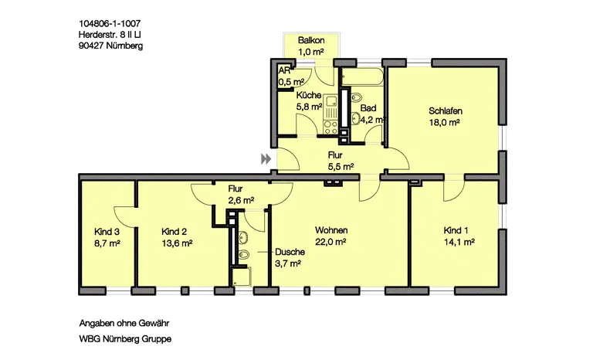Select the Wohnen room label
point(330,230)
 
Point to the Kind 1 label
point(456,230)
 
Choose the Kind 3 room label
point(107,231)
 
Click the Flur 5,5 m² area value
point(341,166)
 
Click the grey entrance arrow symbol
point(266,158)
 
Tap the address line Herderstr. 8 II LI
point(110,35)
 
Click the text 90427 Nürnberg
point(110,46)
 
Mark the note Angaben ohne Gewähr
point(124,322)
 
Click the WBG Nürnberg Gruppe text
point(125,339)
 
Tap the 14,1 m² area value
point(459,241)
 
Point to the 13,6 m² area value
point(177,242)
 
